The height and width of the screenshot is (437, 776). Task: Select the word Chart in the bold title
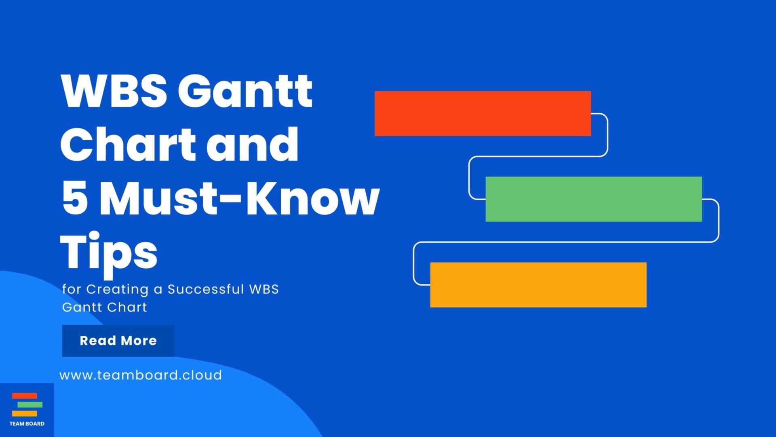point(129,144)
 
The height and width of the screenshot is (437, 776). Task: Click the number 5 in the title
point(75,198)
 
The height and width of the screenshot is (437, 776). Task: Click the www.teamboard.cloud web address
point(141,375)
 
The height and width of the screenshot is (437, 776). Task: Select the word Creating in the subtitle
point(117,290)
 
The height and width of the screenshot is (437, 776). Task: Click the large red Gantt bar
point(483,114)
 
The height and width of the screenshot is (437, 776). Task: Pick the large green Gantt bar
point(593,199)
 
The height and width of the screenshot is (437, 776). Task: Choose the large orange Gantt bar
point(538,285)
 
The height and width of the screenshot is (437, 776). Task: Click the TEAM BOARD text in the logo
point(27,424)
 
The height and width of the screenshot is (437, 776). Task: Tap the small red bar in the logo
point(24,396)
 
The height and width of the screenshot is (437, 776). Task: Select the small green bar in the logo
point(30,405)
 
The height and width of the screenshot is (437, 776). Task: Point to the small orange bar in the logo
point(24,414)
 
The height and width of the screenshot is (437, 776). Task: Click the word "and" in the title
point(253,144)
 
